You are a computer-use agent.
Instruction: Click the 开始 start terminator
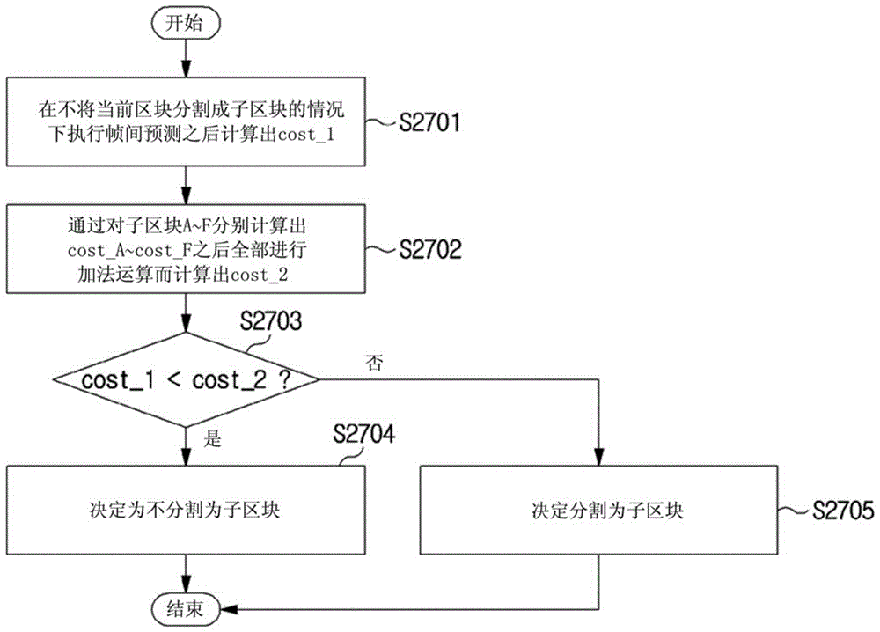[x=185, y=24]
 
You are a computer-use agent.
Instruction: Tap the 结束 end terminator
[x=185, y=608]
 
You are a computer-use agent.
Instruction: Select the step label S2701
[x=429, y=122]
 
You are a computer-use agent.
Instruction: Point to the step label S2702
[x=430, y=249]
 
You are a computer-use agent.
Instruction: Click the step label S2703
[x=271, y=321]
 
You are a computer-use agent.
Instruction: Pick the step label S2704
[x=363, y=434]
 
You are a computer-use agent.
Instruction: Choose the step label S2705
[x=843, y=511]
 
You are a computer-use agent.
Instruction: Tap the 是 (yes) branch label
[x=213, y=437]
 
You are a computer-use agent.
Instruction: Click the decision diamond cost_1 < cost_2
[x=186, y=379]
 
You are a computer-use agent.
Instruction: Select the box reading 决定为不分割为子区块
[x=186, y=511]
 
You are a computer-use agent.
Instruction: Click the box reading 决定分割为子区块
[x=598, y=511]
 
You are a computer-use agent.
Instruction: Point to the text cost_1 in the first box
[x=306, y=135]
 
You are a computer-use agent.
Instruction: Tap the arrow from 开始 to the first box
[x=185, y=58]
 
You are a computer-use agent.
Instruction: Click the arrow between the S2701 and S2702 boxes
[x=185, y=185]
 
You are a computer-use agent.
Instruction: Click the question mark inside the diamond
[x=285, y=380]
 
